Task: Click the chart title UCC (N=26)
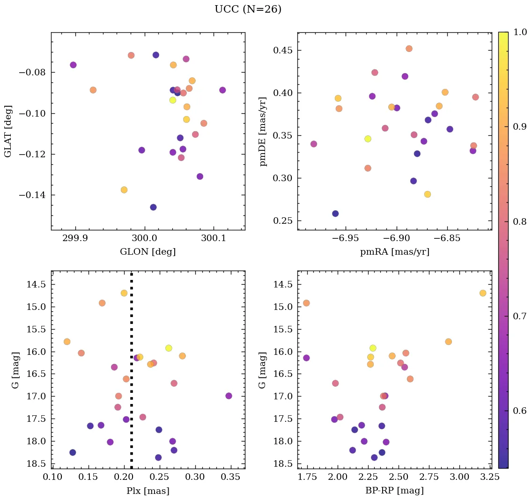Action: point(248,9)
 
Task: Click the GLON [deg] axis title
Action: point(148,252)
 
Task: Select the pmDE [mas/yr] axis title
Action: point(263,131)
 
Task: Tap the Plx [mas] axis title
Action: point(148,491)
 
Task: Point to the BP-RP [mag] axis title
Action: point(394,491)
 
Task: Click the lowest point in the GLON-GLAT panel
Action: point(153,207)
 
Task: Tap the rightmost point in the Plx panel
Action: point(229,396)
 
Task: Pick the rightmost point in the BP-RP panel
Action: point(482,293)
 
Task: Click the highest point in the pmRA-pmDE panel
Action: point(409,49)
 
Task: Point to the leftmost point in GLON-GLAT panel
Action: point(73,65)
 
